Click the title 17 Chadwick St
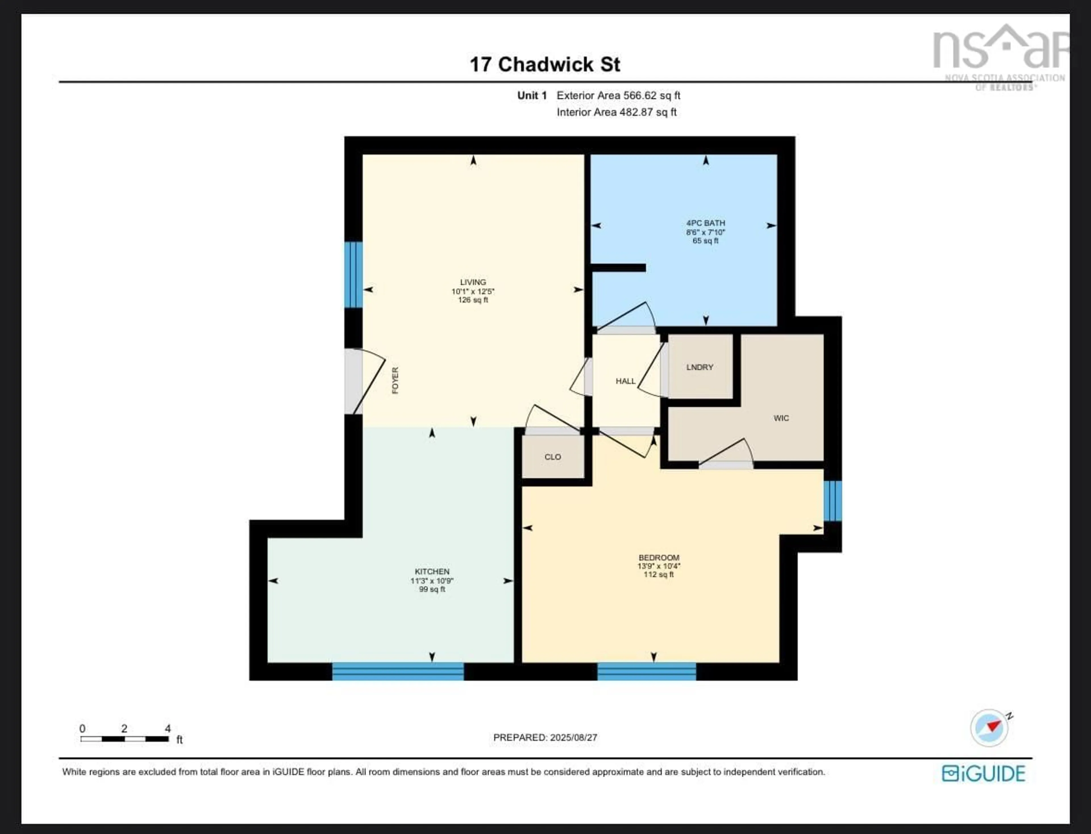coord(545,64)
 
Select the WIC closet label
coord(781,418)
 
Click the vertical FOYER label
coord(395,380)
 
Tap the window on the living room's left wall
coord(353,274)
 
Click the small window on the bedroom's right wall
coord(833,500)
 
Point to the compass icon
coord(989,728)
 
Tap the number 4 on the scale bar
coord(168,728)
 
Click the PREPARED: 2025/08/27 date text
coord(545,737)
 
